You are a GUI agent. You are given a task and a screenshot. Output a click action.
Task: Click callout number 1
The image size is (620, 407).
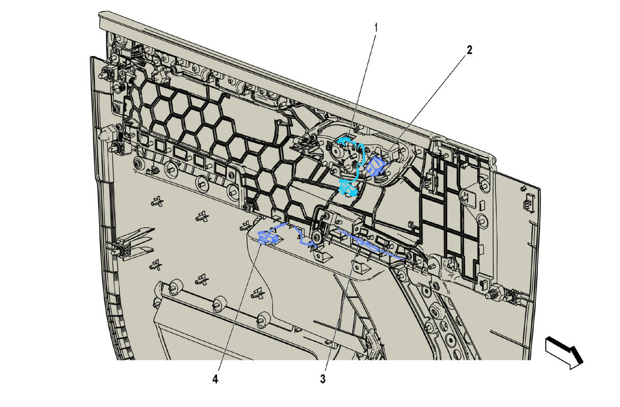[376, 28]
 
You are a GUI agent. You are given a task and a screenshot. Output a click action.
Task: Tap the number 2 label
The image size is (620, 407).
[470, 50]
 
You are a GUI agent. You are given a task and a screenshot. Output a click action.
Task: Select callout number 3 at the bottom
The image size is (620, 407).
[323, 379]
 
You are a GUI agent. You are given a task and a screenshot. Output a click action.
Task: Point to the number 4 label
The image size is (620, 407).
[215, 379]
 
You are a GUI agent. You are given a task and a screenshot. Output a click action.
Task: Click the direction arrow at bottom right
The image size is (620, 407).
[565, 356]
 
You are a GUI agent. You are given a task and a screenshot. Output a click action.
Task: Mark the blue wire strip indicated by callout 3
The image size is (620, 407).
[371, 243]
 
